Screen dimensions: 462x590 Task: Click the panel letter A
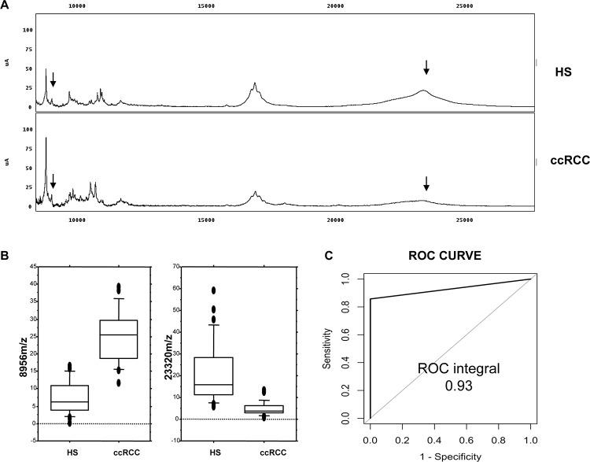[x=6, y=5]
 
